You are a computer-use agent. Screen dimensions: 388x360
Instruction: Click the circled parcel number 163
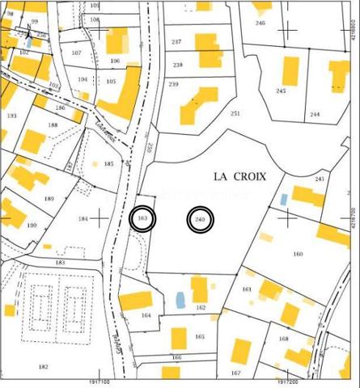(x=142, y=219)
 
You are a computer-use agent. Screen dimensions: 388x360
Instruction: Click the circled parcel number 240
(x=201, y=220)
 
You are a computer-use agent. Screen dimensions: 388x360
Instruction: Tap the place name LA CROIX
(x=239, y=175)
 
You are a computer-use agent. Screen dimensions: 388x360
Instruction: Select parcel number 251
(x=235, y=114)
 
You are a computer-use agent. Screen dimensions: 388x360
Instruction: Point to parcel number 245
(x=281, y=91)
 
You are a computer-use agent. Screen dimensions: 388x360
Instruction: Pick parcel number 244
(x=315, y=115)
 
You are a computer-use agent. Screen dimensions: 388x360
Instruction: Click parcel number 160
(x=298, y=255)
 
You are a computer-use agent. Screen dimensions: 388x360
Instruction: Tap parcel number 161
(x=247, y=289)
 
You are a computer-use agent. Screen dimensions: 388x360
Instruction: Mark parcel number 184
(x=83, y=219)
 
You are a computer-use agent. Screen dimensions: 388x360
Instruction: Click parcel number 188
(x=53, y=125)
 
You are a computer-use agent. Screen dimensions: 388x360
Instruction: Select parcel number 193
(x=11, y=116)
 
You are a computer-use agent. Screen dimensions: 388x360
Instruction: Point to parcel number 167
(x=235, y=373)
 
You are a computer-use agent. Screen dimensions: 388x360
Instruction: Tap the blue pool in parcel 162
(x=180, y=300)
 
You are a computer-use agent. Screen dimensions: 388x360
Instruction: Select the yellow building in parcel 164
(x=135, y=302)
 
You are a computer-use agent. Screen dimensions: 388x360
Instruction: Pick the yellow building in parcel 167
(x=241, y=352)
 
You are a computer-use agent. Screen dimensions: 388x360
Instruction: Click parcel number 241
(x=320, y=179)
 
